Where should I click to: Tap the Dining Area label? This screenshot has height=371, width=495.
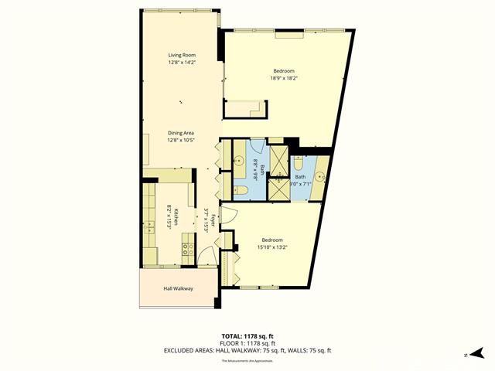[180, 133]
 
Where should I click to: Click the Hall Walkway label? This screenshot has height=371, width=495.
[178, 288]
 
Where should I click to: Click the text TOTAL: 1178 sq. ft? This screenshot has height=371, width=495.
[247, 336]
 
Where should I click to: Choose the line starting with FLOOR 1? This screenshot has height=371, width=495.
[247, 343]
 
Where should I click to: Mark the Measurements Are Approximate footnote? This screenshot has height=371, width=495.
[247, 361]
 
